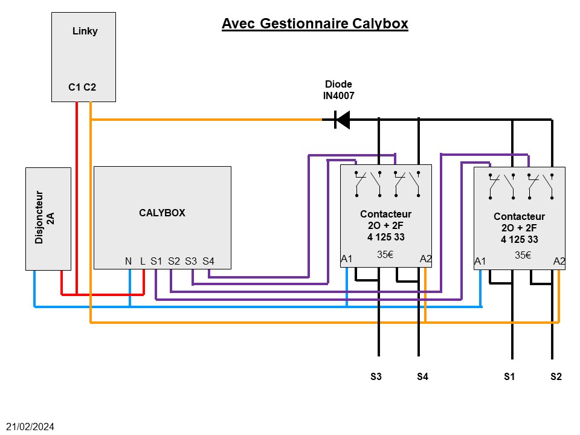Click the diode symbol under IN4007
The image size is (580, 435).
coord(342,120)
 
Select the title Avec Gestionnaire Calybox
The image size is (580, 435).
coord(315,24)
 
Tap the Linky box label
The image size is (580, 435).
coord(85,31)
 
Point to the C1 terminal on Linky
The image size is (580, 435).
coord(74,88)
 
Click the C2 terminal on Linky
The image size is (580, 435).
coord(89,88)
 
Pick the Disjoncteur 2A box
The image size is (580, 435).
coord(48,218)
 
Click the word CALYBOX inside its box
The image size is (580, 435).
coord(162,213)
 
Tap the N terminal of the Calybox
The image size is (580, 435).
coord(128,261)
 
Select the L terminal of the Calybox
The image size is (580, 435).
coord(143,261)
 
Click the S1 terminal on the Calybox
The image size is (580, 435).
coord(156,261)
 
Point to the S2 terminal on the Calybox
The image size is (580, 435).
coord(174,261)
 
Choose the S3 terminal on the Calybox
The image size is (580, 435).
coord(191,261)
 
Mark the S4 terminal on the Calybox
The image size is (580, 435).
coord(208,261)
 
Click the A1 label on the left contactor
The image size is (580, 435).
coord(347,259)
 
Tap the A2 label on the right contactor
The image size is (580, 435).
coord(559,261)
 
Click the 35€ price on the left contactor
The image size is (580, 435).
coord(385,254)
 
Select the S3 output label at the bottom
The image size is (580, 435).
coord(376,377)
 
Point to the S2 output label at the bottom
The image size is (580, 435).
coord(556,377)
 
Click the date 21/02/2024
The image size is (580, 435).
coord(31,427)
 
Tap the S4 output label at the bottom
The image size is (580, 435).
coord(422,377)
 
